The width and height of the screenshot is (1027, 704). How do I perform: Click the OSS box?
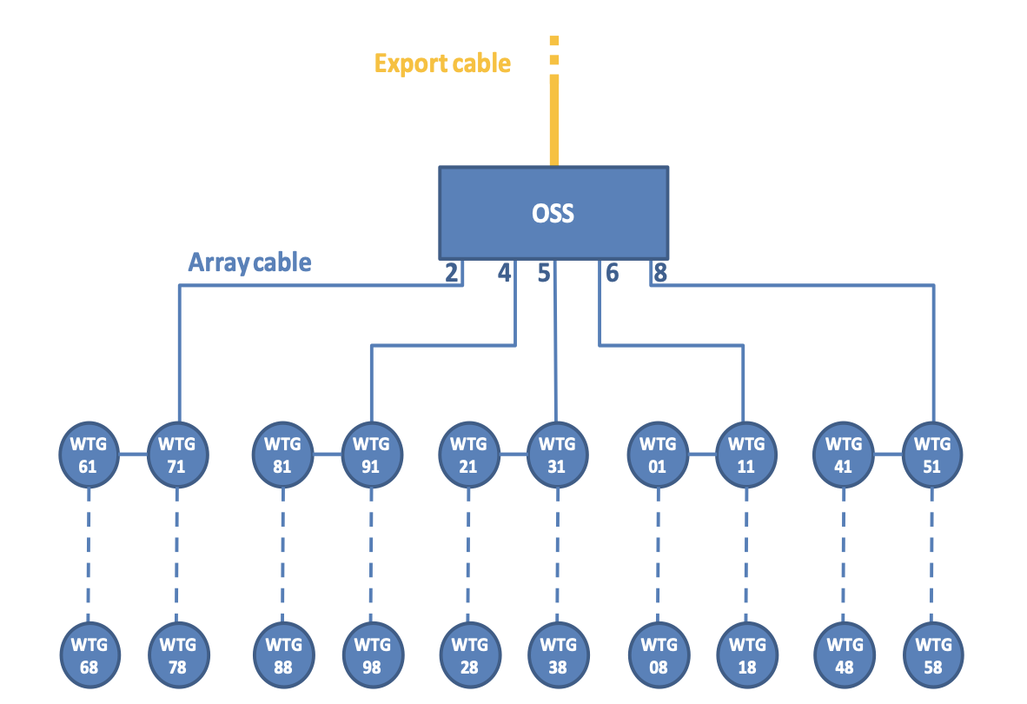click(553, 213)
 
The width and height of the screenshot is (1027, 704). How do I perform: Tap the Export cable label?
click(442, 63)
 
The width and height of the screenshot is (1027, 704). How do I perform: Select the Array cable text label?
click(249, 262)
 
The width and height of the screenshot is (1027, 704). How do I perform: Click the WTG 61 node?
click(89, 455)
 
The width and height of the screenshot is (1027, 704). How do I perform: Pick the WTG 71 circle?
click(177, 455)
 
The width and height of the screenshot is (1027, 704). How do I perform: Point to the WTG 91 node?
click(371, 455)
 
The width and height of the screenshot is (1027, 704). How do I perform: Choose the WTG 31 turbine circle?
click(558, 455)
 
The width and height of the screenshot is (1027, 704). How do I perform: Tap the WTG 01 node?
click(658, 455)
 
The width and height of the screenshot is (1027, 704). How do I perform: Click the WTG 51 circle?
click(932, 455)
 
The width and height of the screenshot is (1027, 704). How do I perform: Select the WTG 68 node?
click(89, 654)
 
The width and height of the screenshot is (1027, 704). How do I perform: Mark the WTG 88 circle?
click(283, 654)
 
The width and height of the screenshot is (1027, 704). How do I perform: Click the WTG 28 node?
click(469, 654)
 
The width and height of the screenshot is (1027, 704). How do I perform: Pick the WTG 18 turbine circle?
click(747, 654)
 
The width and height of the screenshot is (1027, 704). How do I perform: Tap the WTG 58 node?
click(933, 654)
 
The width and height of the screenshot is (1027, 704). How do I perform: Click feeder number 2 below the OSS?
click(451, 272)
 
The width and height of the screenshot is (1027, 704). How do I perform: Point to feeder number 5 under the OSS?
click(544, 272)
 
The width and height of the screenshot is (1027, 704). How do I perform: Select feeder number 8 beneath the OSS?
click(660, 272)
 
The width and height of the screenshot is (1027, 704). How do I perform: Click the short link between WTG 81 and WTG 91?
click(328, 454)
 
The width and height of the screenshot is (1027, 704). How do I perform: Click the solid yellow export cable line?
click(554, 120)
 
